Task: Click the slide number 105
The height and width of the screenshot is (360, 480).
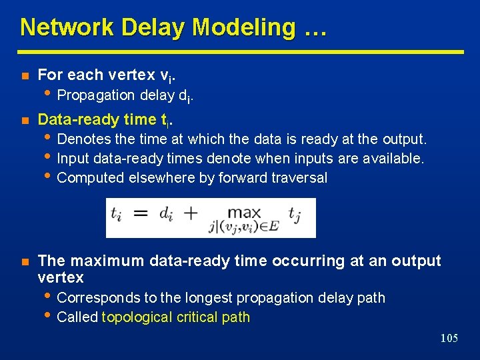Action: coord(449,339)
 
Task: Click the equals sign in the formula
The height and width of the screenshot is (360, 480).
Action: coord(139,214)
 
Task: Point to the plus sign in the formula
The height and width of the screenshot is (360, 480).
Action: coord(190,214)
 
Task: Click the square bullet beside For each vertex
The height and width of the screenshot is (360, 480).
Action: coord(25,75)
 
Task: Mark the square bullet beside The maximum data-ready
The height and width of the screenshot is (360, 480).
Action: coord(25,261)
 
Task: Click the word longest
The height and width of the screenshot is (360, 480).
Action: coord(205,297)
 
